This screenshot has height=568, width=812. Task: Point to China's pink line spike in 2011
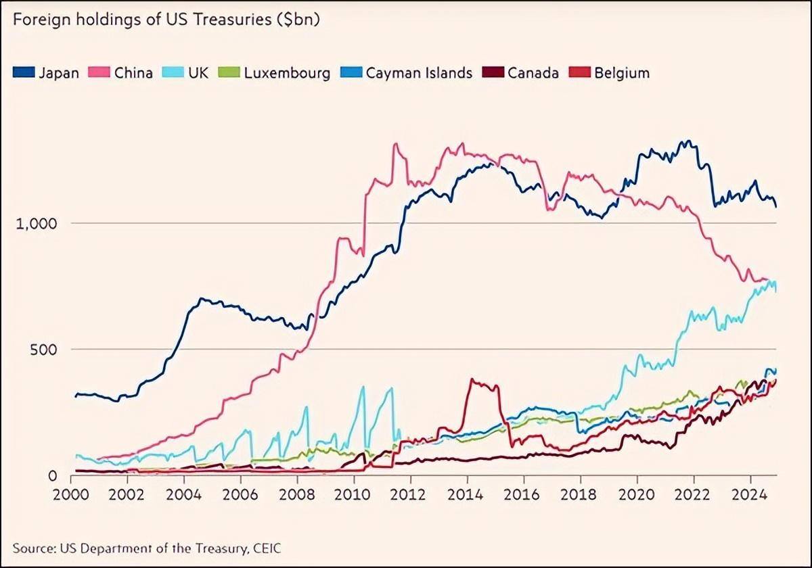pos(396,145)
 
